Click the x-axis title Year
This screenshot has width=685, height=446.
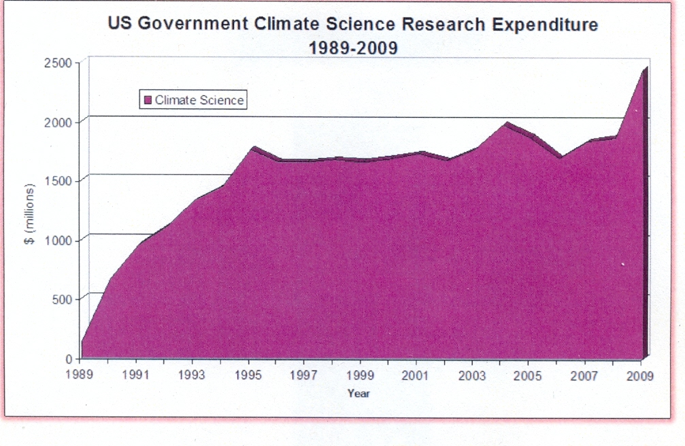[x=359, y=394]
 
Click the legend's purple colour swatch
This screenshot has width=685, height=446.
[x=148, y=101]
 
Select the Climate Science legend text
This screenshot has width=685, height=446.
[x=199, y=100]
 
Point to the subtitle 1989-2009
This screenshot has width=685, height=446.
[x=353, y=48]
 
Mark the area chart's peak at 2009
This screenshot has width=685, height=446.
[x=643, y=68]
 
